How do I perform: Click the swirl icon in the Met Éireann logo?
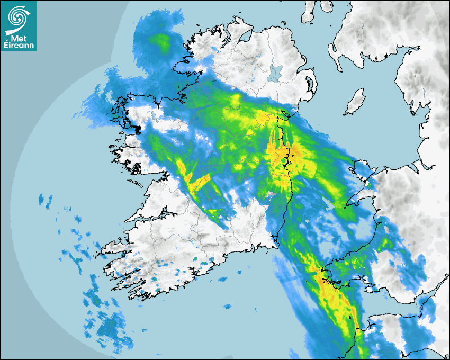[18, 16]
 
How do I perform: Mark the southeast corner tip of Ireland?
[276, 243]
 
